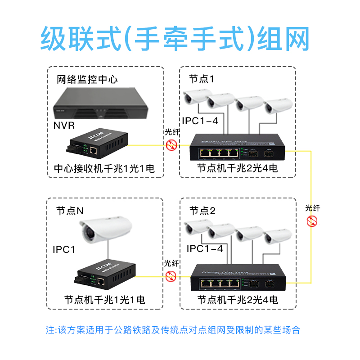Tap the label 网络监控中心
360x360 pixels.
[87, 80]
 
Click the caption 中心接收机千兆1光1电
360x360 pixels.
[104, 169]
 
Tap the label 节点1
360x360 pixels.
[201, 79]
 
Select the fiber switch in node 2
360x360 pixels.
[238, 278]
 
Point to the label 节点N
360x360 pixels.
[70, 211]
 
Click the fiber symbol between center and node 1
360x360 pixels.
[171, 144]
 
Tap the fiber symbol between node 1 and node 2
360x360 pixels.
[312, 221]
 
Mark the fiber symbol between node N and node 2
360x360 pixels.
[171, 276]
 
